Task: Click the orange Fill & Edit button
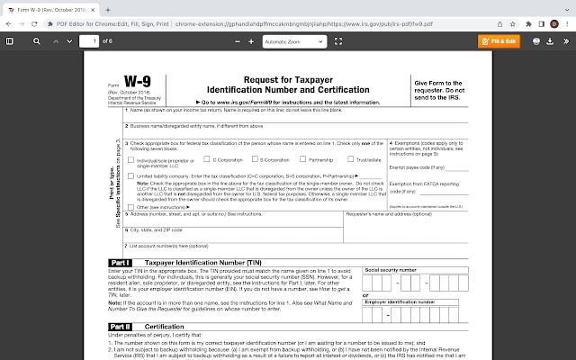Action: coord(498,40)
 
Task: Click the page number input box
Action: coord(88,40)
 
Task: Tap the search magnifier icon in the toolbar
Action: coord(37,40)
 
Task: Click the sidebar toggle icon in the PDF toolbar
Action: coord(10,40)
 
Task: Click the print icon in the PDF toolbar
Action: coord(536,40)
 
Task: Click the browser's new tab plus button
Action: coord(108,8)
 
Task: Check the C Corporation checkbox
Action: coord(207,159)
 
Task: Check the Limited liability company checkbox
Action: coord(131,175)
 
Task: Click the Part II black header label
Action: coord(121,326)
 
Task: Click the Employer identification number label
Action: coord(400,302)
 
